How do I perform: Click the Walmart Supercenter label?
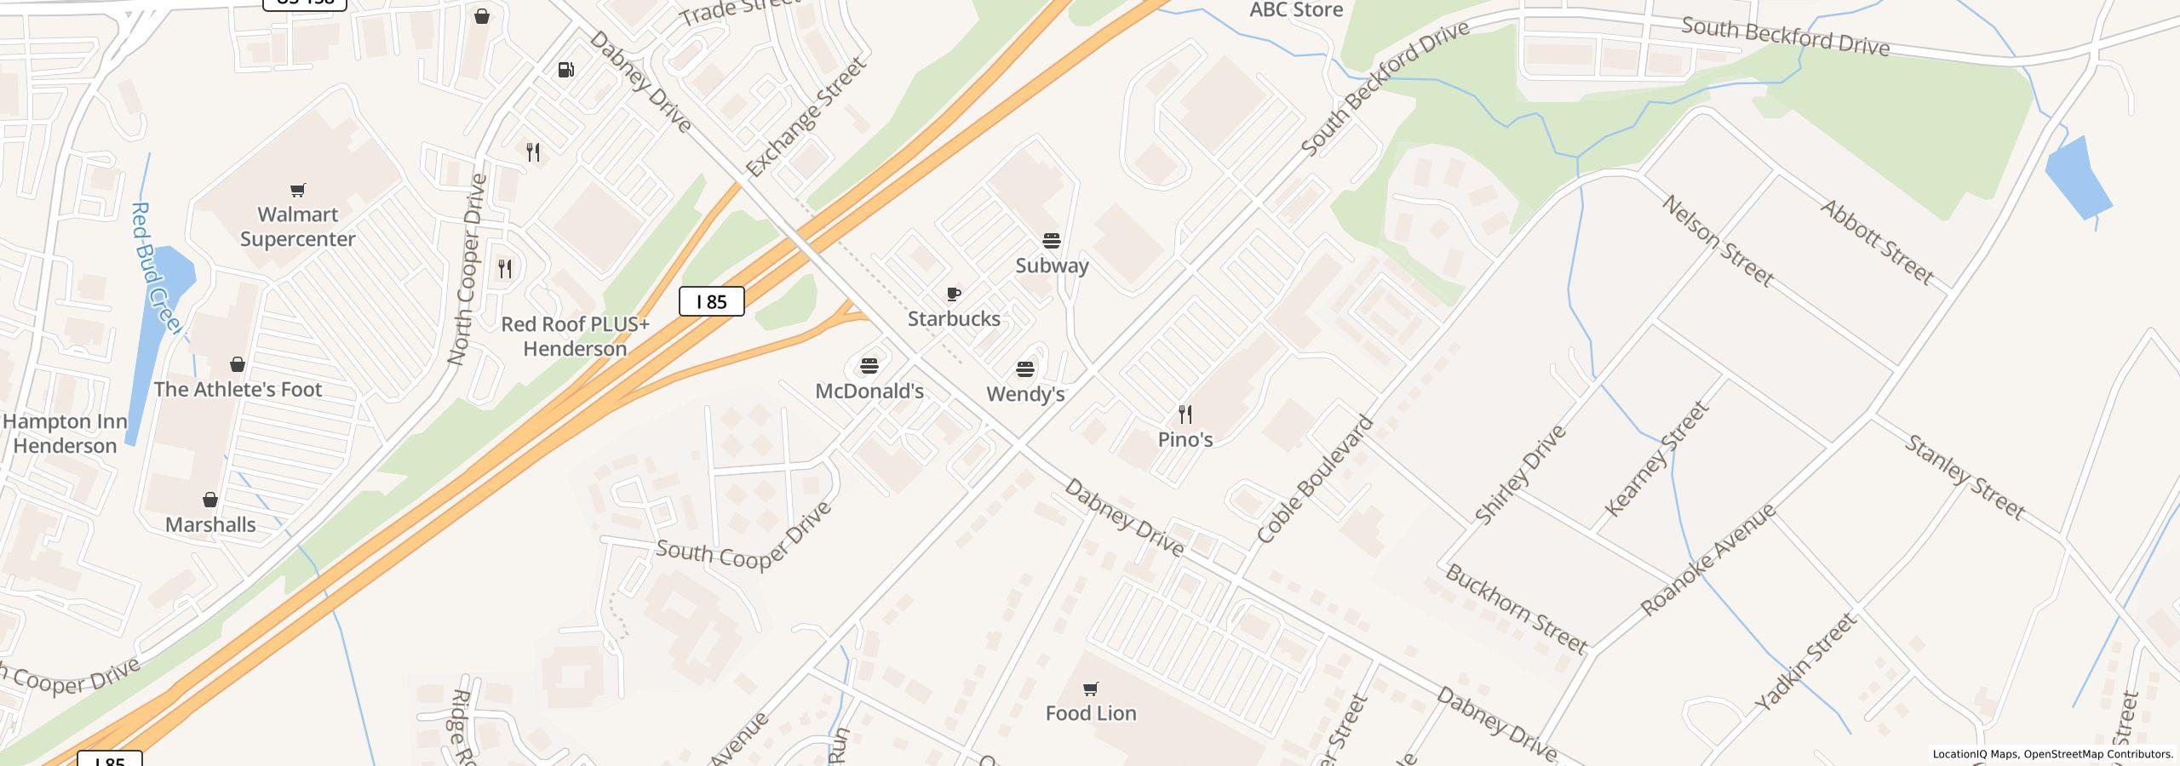(x=297, y=226)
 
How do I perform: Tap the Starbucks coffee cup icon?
(x=954, y=294)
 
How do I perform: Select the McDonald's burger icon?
(x=869, y=366)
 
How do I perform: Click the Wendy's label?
(x=1025, y=394)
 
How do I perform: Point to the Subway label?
(x=1052, y=266)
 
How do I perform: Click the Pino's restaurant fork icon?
(x=1185, y=414)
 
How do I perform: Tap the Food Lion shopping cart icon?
(x=1090, y=689)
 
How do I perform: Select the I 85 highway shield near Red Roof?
(x=711, y=301)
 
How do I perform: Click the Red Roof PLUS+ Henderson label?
(x=575, y=336)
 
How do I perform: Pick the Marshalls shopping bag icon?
(x=210, y=500)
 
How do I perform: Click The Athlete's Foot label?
(x=238, y=389)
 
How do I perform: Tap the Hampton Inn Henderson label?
(x=65, y=433)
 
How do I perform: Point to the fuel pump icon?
(x=566, y=70)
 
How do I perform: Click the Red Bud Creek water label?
(x=155, y=268)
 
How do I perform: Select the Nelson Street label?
(x=1718, y=241)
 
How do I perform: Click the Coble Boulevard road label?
(x=1316, y=479)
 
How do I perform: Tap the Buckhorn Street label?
(x=1516, y=609)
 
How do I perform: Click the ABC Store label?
(x=1296, y=10)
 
